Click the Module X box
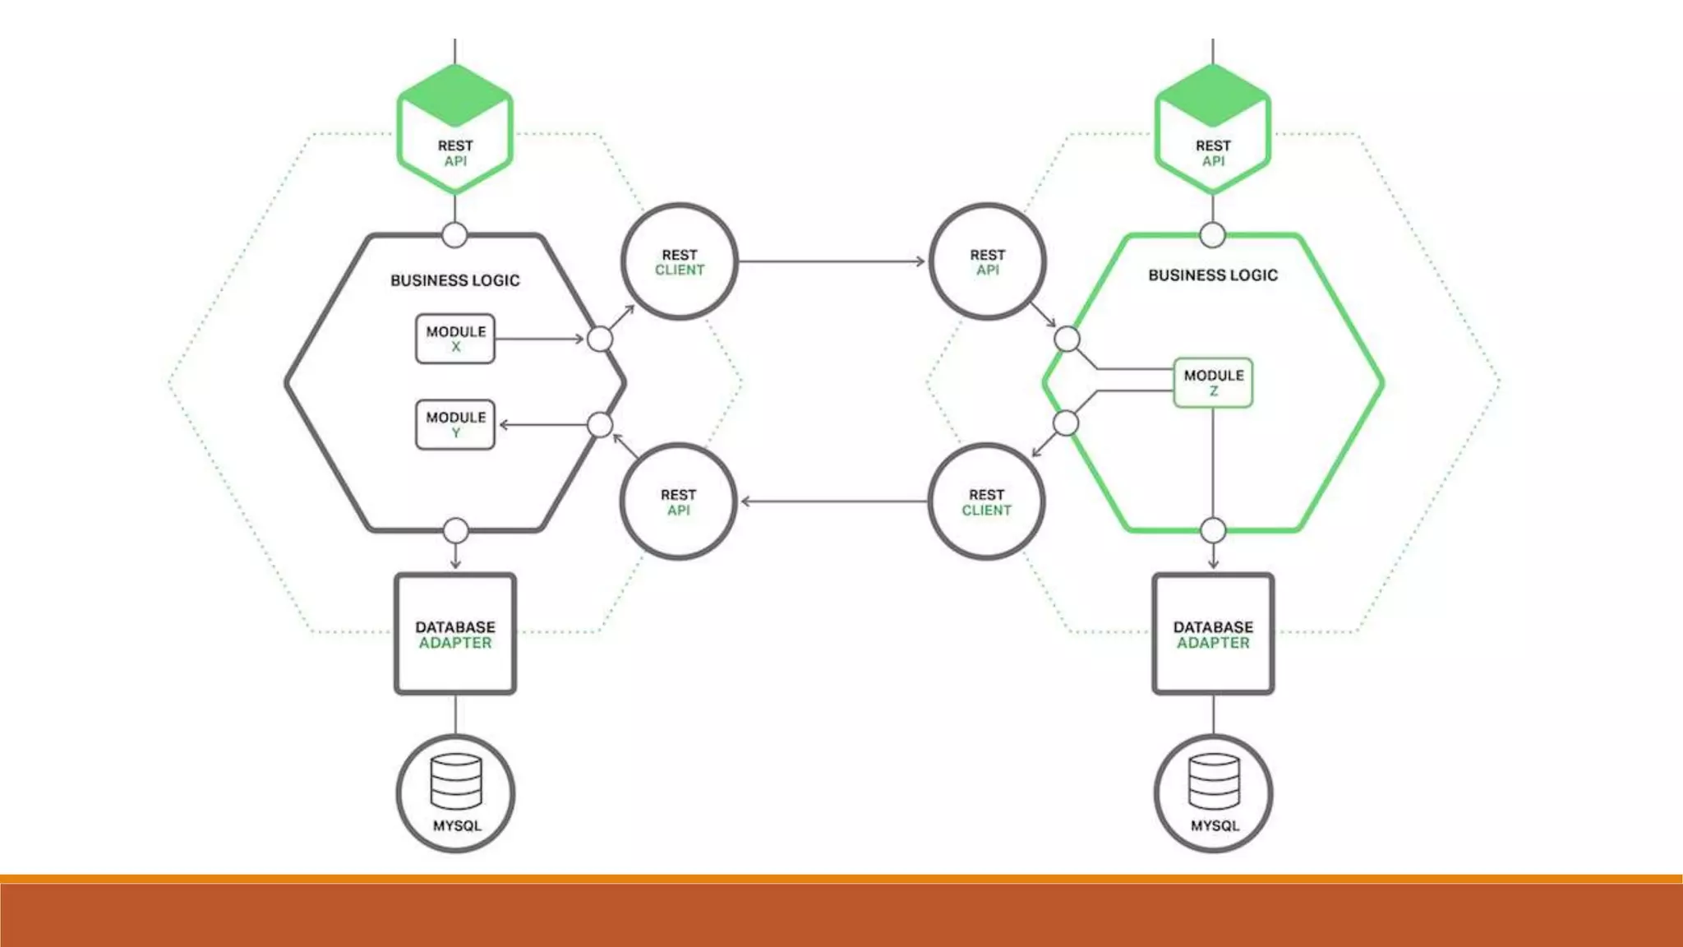click(x=455, y=339)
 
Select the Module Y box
click(x=455, y=424)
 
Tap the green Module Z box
click(x=1213, y=382)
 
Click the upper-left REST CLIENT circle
click(x=680, y=262)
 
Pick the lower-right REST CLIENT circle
click(x=986, y=502)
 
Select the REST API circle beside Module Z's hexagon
click(x=987, y=262)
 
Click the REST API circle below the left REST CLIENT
click(x=678, y=502)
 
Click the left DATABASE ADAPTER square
click(x=455, y=634)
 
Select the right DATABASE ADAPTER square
click(x=1213, y=634)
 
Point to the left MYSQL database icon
click(x=456, y=793)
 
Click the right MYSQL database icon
click(x=1214, y=793)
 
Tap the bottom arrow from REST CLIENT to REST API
click(x=833, y=501)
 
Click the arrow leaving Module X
click(x=539, y=339)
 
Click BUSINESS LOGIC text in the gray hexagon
click(x=455, y=280)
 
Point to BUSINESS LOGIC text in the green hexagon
click(x=1213, y=275)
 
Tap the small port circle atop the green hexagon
click(x=1212, y=235)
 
